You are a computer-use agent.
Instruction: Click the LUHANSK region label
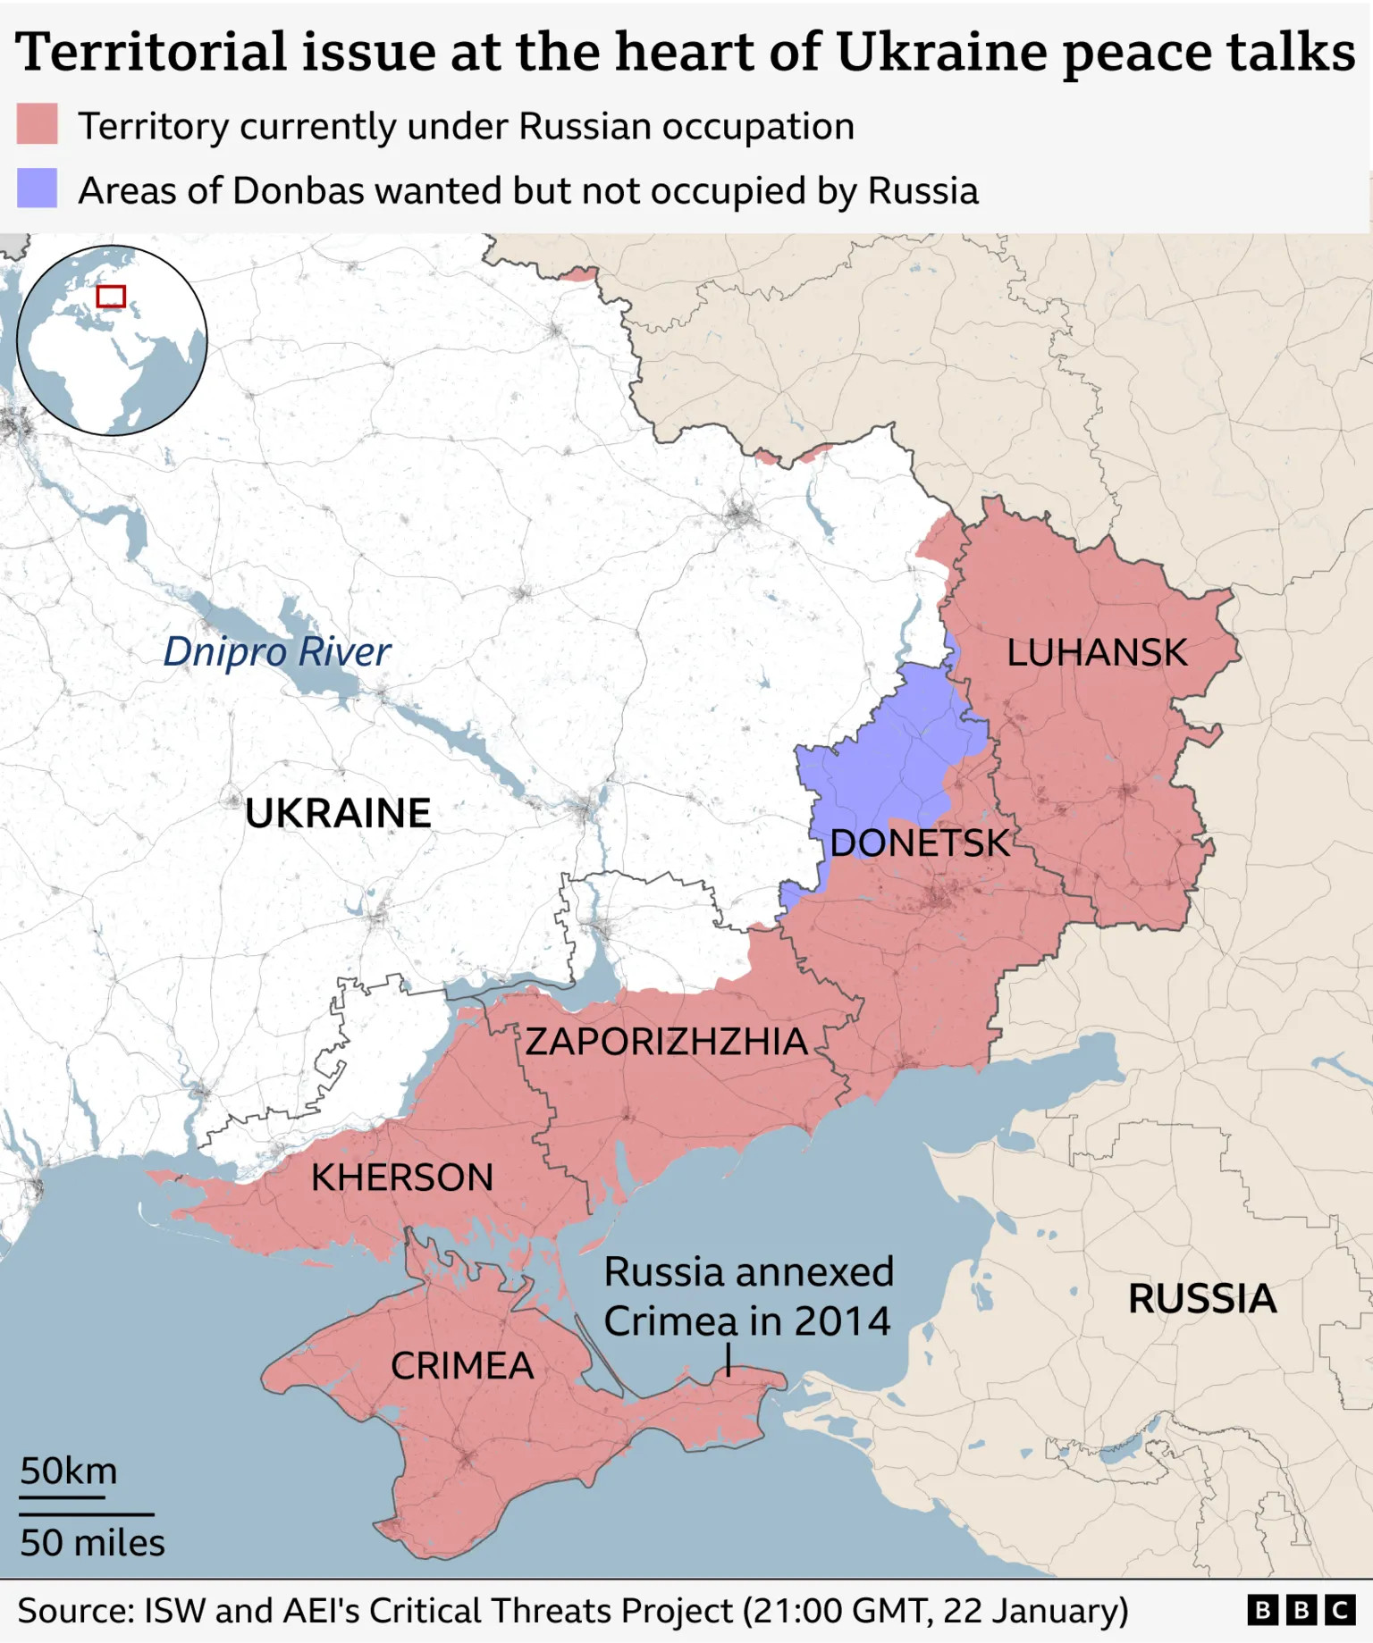click(x=1097, y=653)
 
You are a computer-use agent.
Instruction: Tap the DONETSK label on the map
click(x=919, y=843)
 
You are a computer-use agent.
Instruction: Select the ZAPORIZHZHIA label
click(x=666, y=1042)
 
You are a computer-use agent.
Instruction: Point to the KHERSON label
click(x=402, y=1178)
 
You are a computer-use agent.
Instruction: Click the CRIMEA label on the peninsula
click(x=462, y=1366)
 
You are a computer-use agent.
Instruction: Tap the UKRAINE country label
click(x=338, y=814)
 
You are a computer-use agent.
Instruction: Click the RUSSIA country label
click(x=1201, y=1299)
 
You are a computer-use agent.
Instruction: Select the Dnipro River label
click(x=276, y=651)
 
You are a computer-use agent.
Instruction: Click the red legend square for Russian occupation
click(x=37, y=124)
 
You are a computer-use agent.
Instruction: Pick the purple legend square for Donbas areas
click(x=37, y=189)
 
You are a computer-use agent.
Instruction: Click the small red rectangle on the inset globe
click(x=111, y=297)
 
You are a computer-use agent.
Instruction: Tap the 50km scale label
click(x=69, y=1471)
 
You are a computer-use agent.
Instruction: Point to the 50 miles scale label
click(x=92, y=1543)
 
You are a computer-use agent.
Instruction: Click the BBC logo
click(x=1301, y=1611)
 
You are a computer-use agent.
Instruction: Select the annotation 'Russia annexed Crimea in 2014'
click(x=748, y=1296)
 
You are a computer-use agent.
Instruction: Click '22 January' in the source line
click(x=1035, y=1611)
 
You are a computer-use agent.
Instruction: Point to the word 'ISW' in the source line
click(x=174, y=1611)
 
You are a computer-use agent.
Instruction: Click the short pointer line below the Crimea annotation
click(x=729, y=1362)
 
